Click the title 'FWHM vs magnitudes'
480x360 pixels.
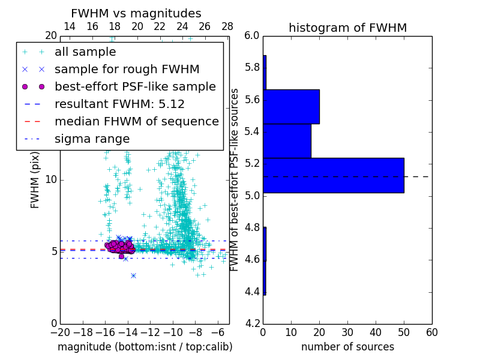click(x=136, y=14)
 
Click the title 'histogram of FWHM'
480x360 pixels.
click(x=347, y=28)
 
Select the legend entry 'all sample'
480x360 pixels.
click(x=85, y=52)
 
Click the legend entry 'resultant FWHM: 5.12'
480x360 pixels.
click(x=119, y=104)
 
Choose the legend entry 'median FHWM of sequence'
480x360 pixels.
click(x=136, y=122)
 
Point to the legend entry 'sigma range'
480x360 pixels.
click(x=92, y=139)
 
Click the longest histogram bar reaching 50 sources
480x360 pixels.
click(x=333, y=175)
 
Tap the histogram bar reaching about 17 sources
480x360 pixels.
click(x=287, y=141)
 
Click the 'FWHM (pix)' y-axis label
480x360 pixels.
click(x=35, y=179)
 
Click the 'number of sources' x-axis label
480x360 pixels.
click(x=347, y=347)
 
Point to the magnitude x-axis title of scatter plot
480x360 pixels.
click(x=145, y=347)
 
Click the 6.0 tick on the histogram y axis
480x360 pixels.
click(x=253, y=35)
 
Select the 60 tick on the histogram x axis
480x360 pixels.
click(x=431, y=332)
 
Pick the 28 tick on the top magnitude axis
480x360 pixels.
click(x=227, y=26)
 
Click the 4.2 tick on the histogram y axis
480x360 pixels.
click(x=253, y=324)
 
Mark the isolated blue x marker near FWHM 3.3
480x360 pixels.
click(x=133, y=275)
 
